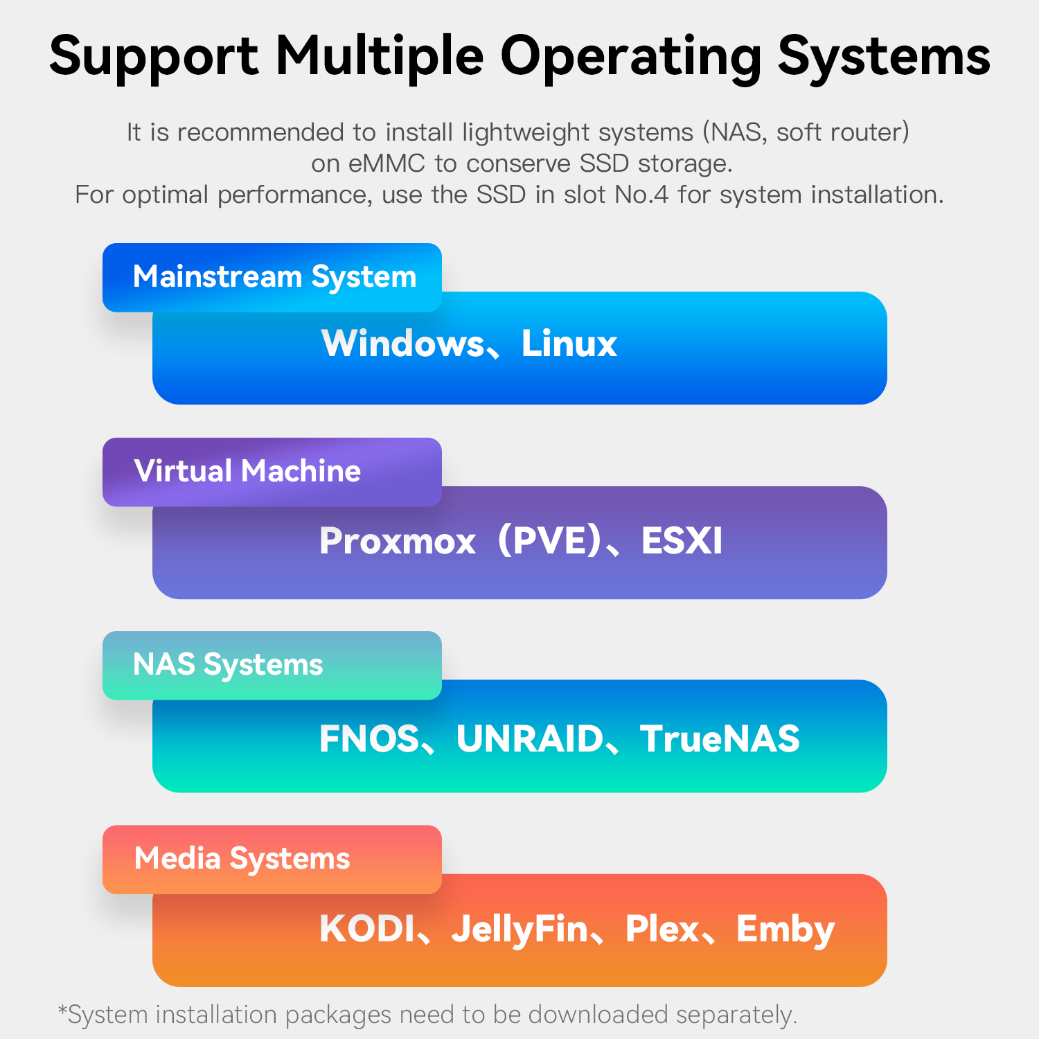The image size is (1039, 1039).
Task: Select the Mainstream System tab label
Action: click(x=274, y=277)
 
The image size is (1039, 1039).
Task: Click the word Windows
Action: click(x=402, y=344)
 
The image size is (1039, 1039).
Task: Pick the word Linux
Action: click(x=569, y=344)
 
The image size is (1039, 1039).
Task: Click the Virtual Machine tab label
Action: click(x=247, y=471)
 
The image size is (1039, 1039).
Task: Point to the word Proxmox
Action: click(x=397, y=541)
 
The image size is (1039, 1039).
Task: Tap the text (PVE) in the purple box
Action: click(x=549, y=541)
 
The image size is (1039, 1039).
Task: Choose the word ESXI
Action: click(x=682, y=541)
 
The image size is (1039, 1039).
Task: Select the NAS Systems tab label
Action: click(x=228, y=665)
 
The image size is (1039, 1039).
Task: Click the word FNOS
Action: click(x=369, y=738)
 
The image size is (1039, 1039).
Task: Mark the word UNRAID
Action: click(x=530, y=738)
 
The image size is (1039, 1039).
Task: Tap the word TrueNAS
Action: click(x=720, y=738)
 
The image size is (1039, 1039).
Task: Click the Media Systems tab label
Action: click(x=242, y=859)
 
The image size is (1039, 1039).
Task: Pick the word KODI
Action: click(x=367, y=929)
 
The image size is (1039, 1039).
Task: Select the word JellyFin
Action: click(x=519, y=930)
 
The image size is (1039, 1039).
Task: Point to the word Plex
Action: click(x=662, y=929)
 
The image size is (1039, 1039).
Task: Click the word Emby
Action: click(x=785, y=930)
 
